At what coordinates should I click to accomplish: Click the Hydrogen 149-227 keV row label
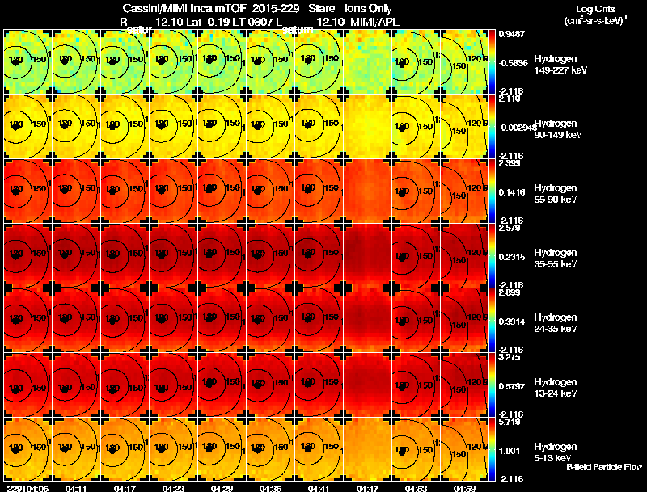coord(556,65)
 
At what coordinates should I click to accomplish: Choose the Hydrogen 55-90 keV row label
coord(556,194)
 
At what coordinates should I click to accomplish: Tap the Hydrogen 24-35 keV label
coord(556,322)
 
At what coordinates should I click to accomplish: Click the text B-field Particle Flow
coord(603,467)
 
